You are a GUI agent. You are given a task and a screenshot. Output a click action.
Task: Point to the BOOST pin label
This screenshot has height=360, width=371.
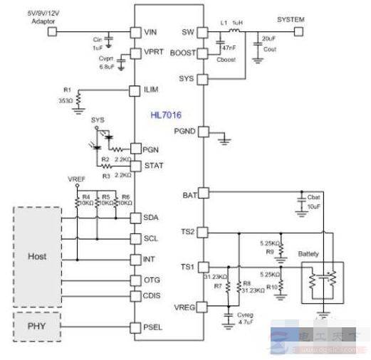click(x=182, y=53)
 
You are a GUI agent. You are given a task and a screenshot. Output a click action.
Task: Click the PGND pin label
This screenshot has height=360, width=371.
click(x=185, y=131)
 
